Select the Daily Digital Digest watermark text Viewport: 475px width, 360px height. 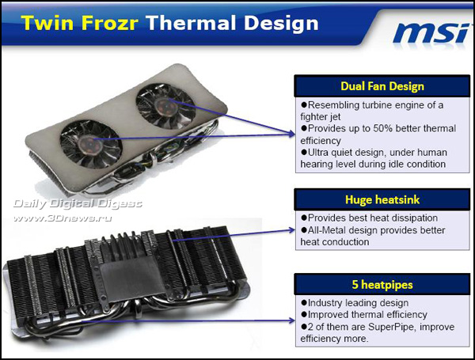click(x=76, y=203)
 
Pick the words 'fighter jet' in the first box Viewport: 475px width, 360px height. click(x=326, y=116)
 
